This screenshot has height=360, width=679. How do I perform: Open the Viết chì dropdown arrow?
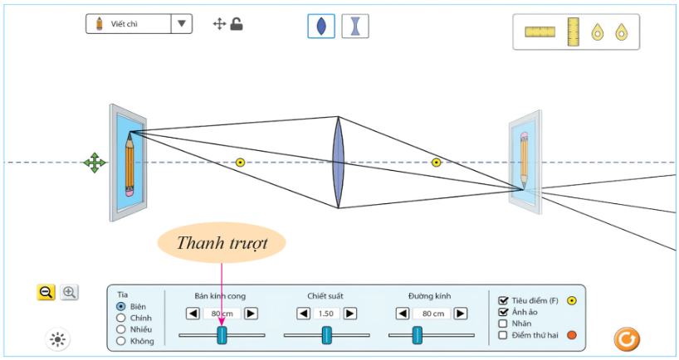182,24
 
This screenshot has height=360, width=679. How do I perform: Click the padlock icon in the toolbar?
237,24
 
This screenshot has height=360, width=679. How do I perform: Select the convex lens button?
321,26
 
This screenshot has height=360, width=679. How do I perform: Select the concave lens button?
355,26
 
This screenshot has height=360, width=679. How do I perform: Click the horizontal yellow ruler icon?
540,32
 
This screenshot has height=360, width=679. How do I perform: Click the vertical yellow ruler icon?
574,32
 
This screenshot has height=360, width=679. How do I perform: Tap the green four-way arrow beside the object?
95,163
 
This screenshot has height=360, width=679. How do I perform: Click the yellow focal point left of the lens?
240,163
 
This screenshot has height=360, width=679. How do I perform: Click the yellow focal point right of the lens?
436,163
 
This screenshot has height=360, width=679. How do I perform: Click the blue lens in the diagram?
338,163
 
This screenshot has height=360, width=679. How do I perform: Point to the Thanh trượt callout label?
222,245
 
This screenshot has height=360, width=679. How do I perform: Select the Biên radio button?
121,306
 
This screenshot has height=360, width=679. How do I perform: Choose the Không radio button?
121,340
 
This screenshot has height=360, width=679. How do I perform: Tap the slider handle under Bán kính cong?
222,334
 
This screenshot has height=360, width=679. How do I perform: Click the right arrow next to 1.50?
350,314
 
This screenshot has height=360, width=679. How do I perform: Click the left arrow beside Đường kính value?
403,314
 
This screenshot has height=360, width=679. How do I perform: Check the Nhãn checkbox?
503,324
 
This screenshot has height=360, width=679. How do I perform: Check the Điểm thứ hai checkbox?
503,335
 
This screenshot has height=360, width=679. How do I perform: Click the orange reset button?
627,338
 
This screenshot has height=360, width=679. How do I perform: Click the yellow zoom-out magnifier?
46,292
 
